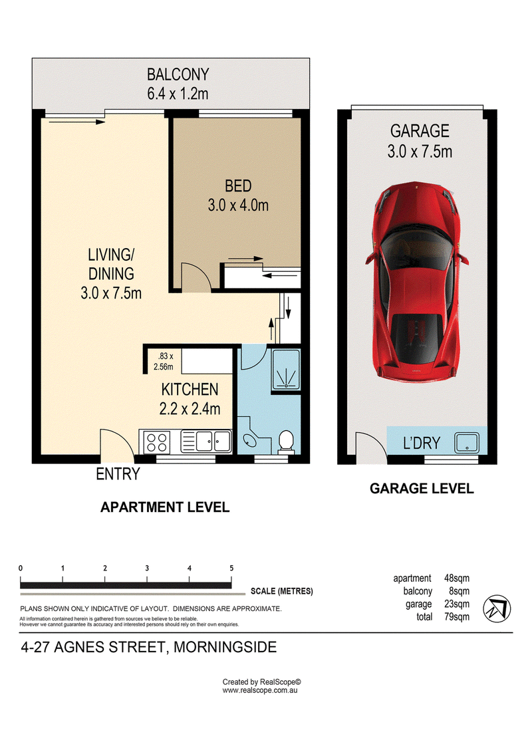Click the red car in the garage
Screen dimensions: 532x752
point(416,281)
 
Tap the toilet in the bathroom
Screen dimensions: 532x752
point(287,441)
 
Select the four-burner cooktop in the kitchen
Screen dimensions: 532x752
point(156,441)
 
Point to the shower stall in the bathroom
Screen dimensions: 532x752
point(286,369)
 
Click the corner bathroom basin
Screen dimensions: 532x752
point(249,438)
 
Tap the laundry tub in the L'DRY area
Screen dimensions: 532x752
point(466,441)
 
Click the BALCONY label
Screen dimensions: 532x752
point(178,74)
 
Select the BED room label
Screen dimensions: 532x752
point(239,186)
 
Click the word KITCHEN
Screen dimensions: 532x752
point(190,389)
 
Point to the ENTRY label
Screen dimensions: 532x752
point(118,474)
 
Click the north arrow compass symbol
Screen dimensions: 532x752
point(497,608)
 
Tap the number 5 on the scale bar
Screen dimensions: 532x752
point(231,568)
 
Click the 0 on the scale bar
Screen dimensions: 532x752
point(21,568)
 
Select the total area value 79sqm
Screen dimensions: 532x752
point(457,617)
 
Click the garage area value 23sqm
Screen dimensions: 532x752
point(457,604)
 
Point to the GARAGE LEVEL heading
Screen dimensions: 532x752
point(422,488)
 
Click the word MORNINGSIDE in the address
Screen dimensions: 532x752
point(225,647)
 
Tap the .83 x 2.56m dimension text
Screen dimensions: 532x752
point(164,362)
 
